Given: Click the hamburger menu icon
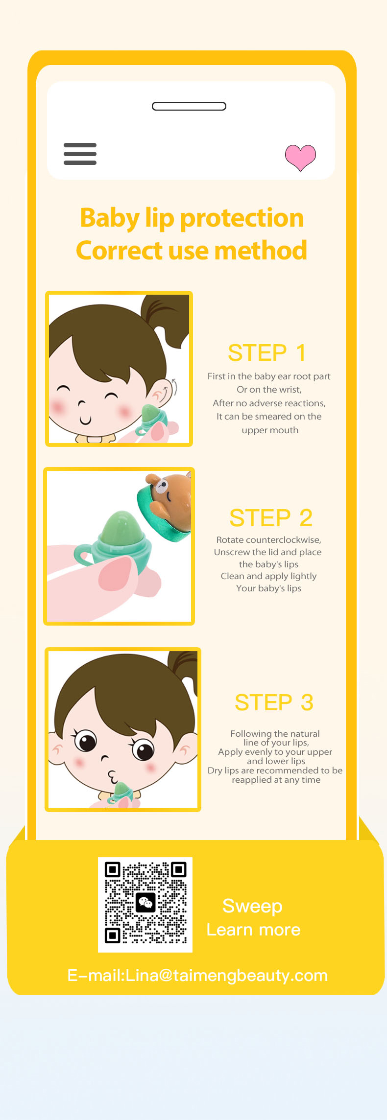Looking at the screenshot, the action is click(80, 154).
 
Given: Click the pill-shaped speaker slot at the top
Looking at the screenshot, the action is click(189, 106).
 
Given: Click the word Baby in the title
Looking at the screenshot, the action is click(110, 218).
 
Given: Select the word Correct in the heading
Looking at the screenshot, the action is click(119, 250).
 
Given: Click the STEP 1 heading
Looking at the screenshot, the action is click(267, 352).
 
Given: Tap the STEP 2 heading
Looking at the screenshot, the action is click(271, 517).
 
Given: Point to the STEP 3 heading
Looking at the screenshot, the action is click(274, 702).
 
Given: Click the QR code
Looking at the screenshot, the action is click(145, 905).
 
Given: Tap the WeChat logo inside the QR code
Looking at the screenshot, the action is click(145, 902).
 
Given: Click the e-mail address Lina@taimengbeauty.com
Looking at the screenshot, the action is click(226, 975).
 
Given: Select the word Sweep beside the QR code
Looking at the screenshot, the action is click(252, 906).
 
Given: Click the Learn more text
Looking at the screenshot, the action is click(253, 930).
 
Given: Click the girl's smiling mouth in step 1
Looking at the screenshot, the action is click(85, 420).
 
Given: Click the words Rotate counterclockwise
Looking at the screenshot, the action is click(269, 540).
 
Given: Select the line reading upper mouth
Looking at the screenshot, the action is click(270, 430).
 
